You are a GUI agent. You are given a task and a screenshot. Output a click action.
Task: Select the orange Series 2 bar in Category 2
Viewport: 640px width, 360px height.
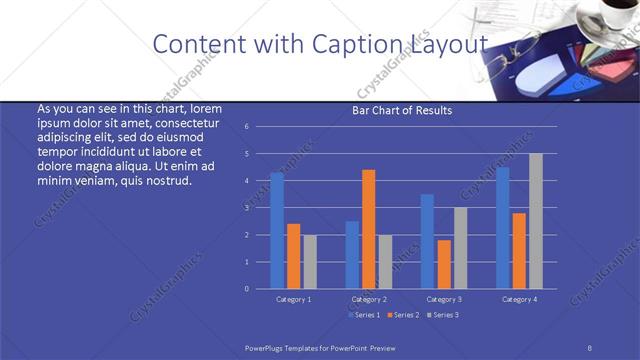[x=369, y=229]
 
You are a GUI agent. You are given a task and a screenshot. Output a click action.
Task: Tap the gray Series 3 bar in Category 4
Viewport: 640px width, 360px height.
[x=535, y=221]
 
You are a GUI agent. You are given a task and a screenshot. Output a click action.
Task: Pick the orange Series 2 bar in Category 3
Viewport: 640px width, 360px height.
[x=444, y=264]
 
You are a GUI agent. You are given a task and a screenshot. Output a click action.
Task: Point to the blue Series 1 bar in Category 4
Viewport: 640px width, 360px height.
[x=503, y=227]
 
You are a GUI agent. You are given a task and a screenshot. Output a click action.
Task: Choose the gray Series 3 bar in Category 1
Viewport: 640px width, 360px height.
[x=309, y=261]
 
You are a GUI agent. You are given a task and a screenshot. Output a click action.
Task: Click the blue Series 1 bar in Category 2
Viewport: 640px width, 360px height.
[x=352, y=254]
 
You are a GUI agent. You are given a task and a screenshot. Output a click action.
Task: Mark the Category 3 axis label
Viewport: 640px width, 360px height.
[x=444, y=299]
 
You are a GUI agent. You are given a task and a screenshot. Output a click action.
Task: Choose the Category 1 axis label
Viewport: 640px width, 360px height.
[x=293, y=299]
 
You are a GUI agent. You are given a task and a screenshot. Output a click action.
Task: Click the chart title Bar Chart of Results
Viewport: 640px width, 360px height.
[x=402, y=110]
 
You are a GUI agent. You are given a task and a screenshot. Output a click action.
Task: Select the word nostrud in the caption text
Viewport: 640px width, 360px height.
[x=167, y=180]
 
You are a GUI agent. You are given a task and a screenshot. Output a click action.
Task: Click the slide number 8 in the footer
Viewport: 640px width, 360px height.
[x=590, y=346]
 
